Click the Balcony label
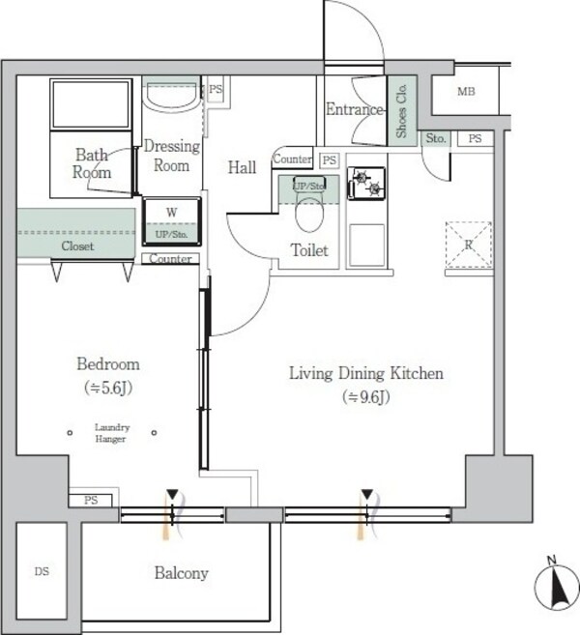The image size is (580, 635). [181, 573]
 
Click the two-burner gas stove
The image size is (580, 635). [366, 184]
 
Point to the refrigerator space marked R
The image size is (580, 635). [469, 245]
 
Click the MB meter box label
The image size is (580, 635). [466, 92]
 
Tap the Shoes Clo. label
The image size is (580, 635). [401, 110]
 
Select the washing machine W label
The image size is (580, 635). [171, 213]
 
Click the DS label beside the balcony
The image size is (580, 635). [42, 571]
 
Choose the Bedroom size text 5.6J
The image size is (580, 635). [108, 388]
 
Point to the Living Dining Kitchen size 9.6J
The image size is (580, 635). [366, 397]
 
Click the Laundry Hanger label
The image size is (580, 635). [112, 433]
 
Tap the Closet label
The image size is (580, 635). [77, 245]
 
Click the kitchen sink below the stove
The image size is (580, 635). [367, 245]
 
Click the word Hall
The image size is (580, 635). [242, 167]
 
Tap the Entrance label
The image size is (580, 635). [355, 109]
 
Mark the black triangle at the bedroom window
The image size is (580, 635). [172, 495]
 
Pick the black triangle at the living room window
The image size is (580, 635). [367, 495]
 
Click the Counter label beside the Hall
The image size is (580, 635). [293, 159]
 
